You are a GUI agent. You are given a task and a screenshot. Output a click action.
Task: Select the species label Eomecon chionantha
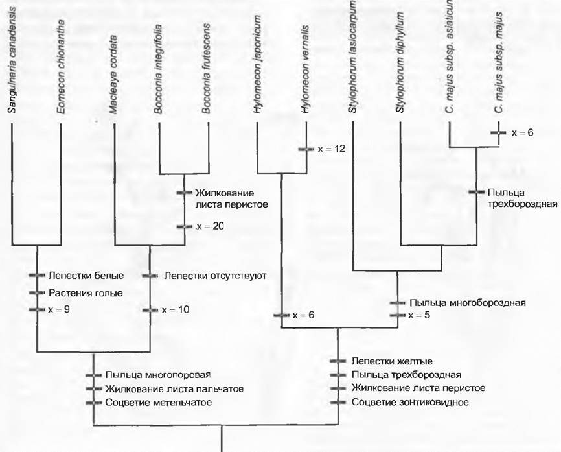pyautogui.click(x=61, y=67)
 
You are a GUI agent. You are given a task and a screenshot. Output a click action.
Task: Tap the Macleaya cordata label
pyautogui.click(x=113, y=75)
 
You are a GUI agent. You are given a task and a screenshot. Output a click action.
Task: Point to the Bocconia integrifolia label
pyautogui.click(x=158, y=69)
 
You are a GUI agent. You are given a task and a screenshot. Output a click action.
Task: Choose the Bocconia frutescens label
pyautogui.click(x=206, y=69)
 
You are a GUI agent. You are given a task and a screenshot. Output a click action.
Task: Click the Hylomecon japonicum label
pyautogui.click(x=257, y=65)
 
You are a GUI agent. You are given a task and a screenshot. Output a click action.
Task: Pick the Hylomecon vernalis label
pyautogui.click(x=304, y=69)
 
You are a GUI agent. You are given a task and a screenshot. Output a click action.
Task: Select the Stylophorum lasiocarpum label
pyautogui.click(x=352, y=56)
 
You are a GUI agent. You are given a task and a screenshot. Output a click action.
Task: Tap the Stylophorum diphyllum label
pyautogui.click(x=400, y=63)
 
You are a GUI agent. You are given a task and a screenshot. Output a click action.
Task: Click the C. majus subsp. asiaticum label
pyautogui.click(x=450, y=56)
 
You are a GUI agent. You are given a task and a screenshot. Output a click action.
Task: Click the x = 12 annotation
pyautogui.click(x=332, y=149)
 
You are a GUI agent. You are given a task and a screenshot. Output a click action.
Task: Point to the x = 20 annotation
pyautogui.click(x=210, y=226)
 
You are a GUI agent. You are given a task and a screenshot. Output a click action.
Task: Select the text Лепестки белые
pyautogui.click(x=86, y=276)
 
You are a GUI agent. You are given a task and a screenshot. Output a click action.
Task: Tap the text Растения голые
pyautogui.click(x=86, y=293)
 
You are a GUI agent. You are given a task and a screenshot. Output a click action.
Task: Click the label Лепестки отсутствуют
pyautogui.click(x=215, y=276)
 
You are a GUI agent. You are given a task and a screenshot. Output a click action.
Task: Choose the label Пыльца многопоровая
pyautogui.click(x=158, y=375)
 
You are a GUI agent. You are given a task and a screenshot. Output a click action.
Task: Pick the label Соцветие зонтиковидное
pyautogui.click(x=410, y=402)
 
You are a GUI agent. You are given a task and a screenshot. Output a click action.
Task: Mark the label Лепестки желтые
pyautogui.click(x=392, y=361)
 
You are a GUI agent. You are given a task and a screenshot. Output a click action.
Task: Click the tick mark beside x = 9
pyautogui.click(x=37, y=309)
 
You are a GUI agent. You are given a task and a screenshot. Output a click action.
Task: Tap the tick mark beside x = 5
pyautogui.click(x=398, y=316)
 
